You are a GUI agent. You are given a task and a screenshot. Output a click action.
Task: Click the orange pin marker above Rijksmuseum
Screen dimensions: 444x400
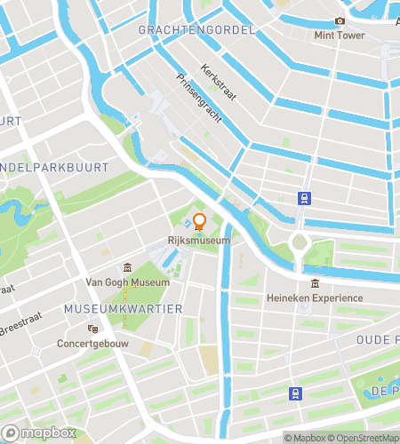tap(200, 222)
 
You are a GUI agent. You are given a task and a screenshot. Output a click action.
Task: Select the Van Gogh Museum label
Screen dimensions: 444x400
tap(126, 282)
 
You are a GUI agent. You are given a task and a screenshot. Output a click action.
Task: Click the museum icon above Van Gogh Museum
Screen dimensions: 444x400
tap(128, 268)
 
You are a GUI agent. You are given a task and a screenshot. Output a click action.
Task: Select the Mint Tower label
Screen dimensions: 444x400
tap(340, 36)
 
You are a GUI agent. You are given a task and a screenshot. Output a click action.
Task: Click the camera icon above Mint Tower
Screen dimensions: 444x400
tap(340, 21)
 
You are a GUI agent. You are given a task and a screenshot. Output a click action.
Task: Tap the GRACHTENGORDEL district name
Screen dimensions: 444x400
tap(196, 29)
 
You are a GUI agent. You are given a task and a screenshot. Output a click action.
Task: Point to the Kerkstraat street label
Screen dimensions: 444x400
tap(216, 80)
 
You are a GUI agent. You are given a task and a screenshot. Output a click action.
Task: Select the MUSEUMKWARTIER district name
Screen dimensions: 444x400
tap(124, 308)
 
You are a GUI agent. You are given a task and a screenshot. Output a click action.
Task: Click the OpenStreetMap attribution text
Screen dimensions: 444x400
tap(364, 437)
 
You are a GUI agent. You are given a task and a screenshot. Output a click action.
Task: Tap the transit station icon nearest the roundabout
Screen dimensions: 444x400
tap(305, 199)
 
